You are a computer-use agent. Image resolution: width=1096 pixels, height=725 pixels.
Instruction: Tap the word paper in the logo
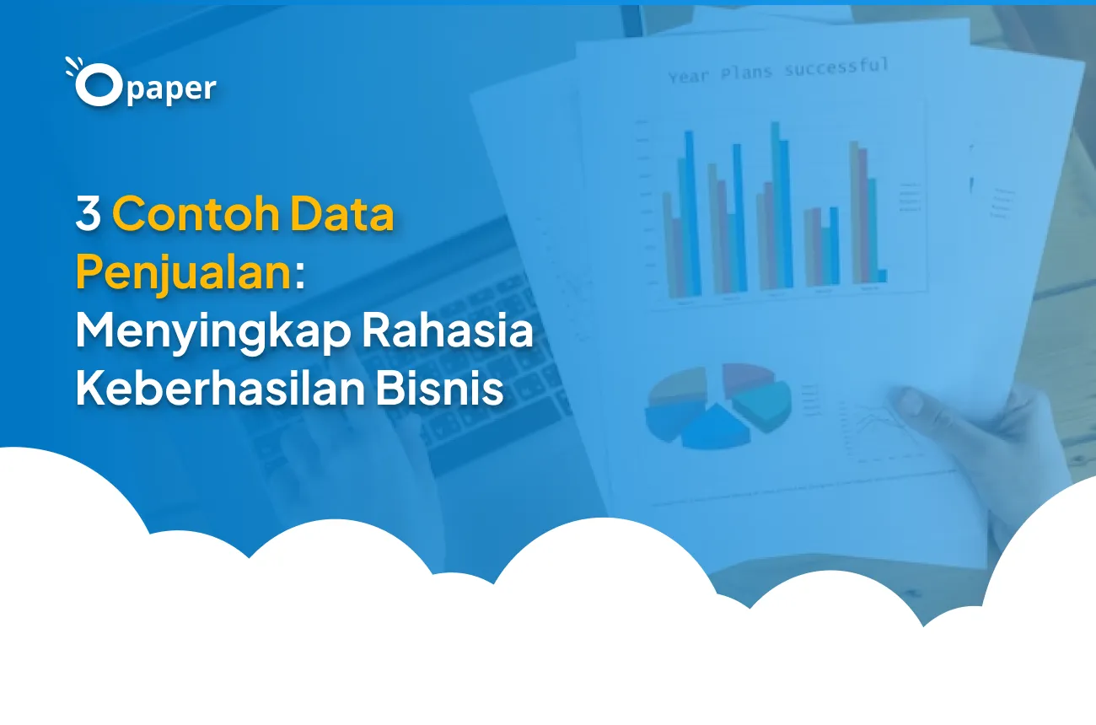tap(174, 89)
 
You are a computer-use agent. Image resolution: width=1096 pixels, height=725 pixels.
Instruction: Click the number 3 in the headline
tap(88, 214)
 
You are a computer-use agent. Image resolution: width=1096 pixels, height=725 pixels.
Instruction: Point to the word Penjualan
tap(184, 273)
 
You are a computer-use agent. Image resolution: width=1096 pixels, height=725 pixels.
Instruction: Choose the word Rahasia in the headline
tap(448, 332)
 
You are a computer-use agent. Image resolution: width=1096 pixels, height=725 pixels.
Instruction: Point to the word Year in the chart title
tap(688, 77)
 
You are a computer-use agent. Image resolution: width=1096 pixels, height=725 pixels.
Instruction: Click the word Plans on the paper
tap(745, 72)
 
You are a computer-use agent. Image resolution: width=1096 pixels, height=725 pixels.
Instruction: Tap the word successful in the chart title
tap(835, 67)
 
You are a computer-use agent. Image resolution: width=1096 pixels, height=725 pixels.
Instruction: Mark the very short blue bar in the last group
tap(882, 276)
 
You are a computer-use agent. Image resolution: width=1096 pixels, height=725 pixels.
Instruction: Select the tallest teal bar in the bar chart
tap(776, 202)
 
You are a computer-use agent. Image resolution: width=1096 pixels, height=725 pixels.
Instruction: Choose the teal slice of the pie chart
tap(766, 405)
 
